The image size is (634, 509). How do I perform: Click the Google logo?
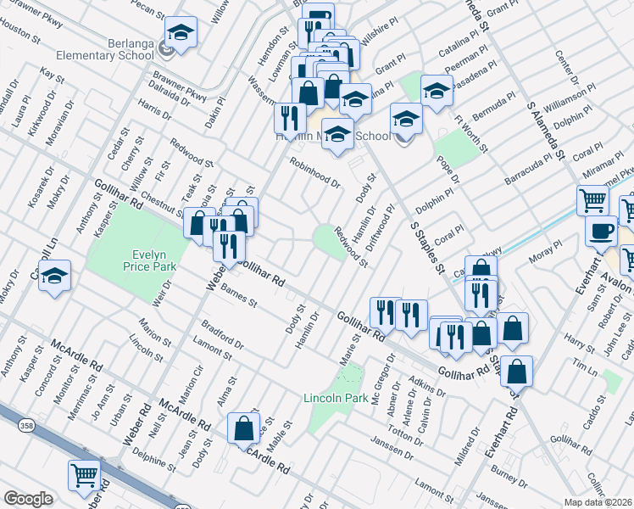coord(29,499)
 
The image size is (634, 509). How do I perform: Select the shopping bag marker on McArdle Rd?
coord(244,430)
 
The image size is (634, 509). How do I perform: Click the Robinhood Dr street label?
coord(314,172)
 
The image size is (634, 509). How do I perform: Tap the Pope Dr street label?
coord(448,169)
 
